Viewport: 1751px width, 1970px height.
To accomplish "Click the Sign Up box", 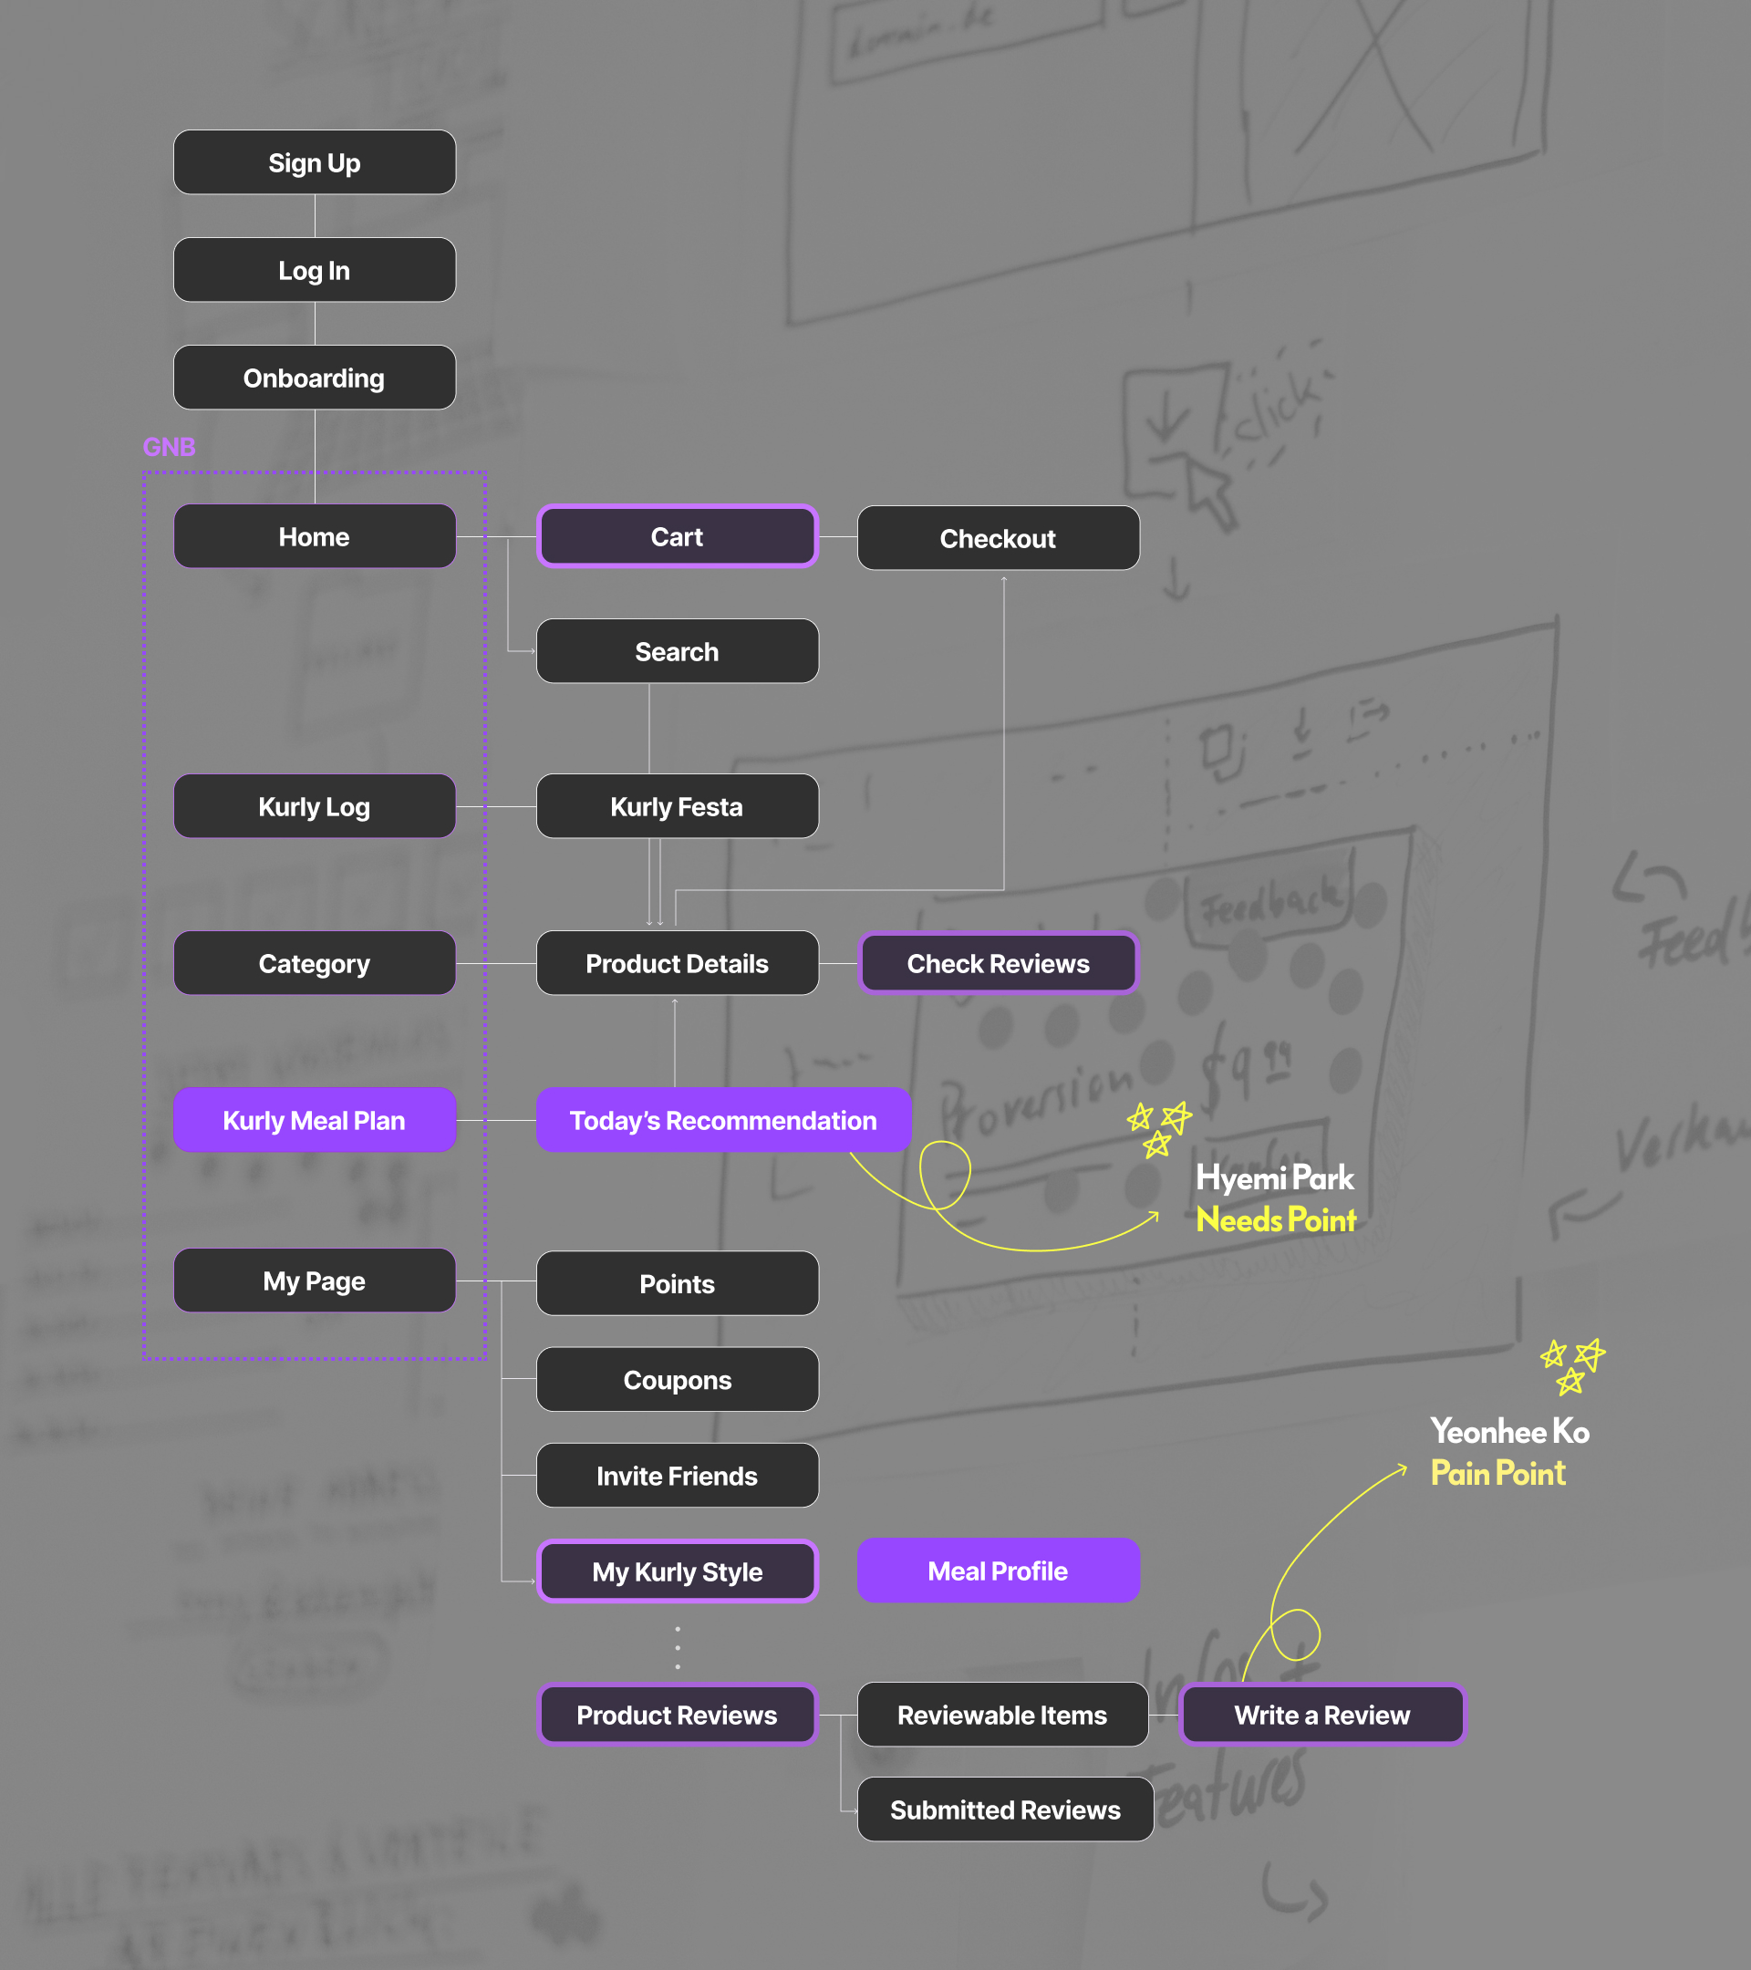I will tap(314, 163).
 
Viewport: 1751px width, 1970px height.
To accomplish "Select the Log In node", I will tap(314, 270).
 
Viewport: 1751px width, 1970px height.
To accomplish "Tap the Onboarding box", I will tap(314, 378).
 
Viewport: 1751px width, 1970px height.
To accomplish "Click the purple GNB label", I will tap(169, 447).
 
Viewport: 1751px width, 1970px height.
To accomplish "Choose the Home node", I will tap(314, 537).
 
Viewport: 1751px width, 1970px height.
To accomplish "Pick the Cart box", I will tap(677, 537).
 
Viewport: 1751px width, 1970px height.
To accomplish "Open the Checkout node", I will tap(998, 539).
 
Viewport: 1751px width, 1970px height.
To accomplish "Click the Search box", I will tap(677, 651).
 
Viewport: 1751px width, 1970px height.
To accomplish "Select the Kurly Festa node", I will tap(677, 807).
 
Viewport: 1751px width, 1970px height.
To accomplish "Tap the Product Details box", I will tap(677, 964).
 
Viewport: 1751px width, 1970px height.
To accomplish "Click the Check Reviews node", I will tap(998, 964).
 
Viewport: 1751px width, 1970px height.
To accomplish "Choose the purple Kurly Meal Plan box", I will tap(314, 1120).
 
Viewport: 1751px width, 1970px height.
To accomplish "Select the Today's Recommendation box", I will tap(723, 1120).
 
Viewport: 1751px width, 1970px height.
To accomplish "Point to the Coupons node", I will tap(677, 1380).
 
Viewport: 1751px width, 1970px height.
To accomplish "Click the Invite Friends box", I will tap(677, 1476).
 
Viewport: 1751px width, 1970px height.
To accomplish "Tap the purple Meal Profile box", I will tap(998, 1571).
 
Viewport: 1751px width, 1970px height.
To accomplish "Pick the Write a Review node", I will tap(1321, 1715).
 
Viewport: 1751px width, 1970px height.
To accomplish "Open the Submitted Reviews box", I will tap(1004, 1810).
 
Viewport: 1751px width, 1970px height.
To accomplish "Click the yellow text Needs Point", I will tap(1275, 1220).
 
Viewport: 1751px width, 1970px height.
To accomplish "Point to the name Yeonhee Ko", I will tap(1509, 1431).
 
